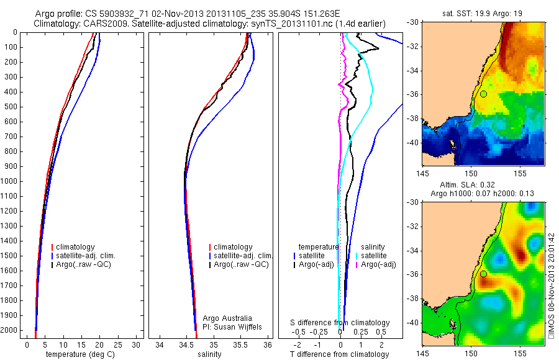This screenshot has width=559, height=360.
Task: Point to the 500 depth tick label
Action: click(x=11, y=107)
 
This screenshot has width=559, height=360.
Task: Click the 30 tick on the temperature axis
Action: click(x=136, y=344)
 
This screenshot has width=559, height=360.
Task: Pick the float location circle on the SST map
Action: click(x=483, y=94)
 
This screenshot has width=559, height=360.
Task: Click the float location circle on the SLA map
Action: click(x=483, y=274)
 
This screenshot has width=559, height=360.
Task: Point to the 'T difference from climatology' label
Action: click(x=340, y=354)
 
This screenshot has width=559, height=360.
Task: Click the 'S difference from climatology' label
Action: click(x=340, y=323)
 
